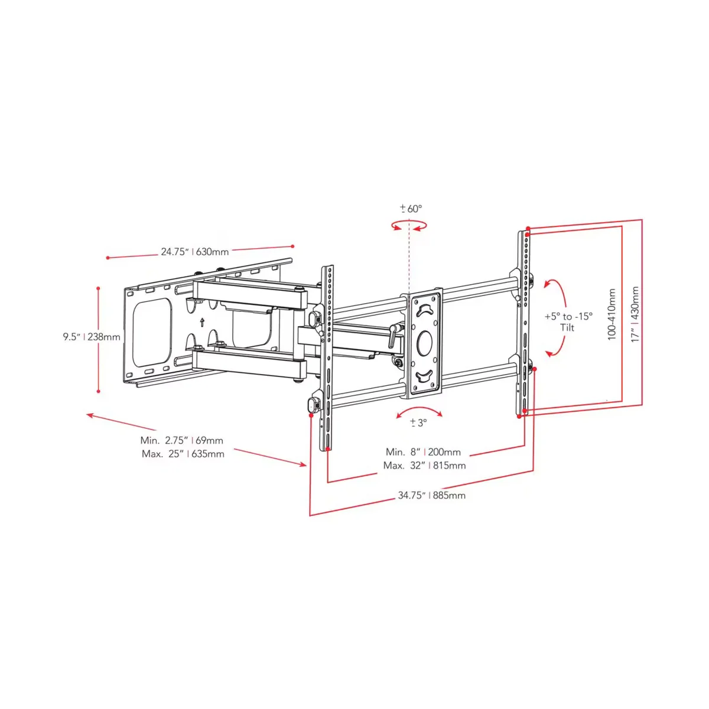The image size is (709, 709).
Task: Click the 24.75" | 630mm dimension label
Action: pyautogui.click(x=194, y=252)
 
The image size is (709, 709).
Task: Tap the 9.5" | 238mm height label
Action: pyautogui.click(x=92, y=337)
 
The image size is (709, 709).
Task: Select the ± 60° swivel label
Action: pyautogui.click(x=411, y=209)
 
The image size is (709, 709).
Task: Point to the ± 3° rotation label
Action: pyautogui.click(x=418, y=422)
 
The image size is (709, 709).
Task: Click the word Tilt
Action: pyautogui.click(x=567, y=327)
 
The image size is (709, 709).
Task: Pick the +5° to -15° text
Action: pyautogui.click(x=568, y=316)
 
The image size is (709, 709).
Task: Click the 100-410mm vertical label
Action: pyautogui.click(x=612, y=314)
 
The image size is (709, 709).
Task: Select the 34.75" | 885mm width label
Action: pyautogui.click(x=431, y=495)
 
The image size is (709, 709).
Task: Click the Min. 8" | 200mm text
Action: pyautogui.click(x=423, y=452)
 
